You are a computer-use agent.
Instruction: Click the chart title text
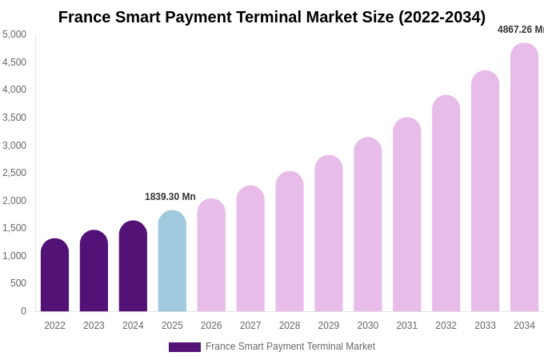(x=272, y=17)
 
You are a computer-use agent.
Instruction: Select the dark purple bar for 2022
(x=54, y=275)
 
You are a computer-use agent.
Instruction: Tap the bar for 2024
(x=133, y=266)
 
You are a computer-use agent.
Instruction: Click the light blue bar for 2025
(x=172, y=261)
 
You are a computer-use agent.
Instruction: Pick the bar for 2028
(x=290, y=242)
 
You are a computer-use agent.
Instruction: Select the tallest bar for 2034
(x=524, y=178)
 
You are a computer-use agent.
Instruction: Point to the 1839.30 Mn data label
(x=170, y=197)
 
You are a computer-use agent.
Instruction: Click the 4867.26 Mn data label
(x=520, y=30)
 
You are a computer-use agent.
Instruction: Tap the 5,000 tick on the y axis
(x=14, y=34)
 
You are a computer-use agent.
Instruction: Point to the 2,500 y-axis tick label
(x=14, y=173)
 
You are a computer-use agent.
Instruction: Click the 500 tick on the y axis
(x=18, y=283)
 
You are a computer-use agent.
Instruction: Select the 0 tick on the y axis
(x=23, y=311)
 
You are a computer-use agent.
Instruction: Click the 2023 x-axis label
(x=94, y=326)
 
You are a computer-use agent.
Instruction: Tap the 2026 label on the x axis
(x=211, y=326)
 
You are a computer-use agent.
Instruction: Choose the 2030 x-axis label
(x=368, y=326)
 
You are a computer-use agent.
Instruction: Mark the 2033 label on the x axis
(x=485, y=326)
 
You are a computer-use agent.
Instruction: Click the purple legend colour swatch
(x=184, y=347)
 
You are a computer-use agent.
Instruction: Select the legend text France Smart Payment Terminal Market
(x=290, y=346)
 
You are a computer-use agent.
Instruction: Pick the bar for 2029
(x=329, y=234)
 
